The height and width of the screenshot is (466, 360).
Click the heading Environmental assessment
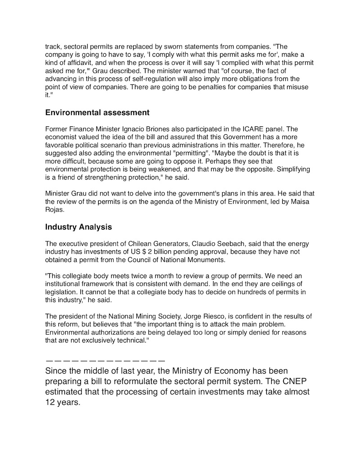97,112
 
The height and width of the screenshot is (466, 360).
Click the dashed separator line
105,361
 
